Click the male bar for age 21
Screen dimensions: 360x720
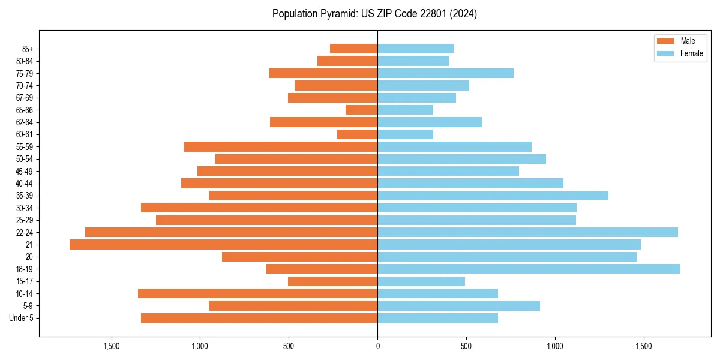point(223,245)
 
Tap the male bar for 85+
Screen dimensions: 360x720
point(353,49)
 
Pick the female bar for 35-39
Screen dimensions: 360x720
point(493,196)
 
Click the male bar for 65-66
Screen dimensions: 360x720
point(361,110)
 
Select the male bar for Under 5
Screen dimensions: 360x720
point(259,318)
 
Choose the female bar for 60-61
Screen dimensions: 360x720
point(405,134)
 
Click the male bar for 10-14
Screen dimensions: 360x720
point(257,293)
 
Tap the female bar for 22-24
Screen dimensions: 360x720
point(527,232)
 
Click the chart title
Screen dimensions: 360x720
point(374,14)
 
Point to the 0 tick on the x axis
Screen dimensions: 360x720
point(377,346)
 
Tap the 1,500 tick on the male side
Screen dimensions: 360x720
point(112,346)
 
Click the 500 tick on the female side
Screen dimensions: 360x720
point(466,346)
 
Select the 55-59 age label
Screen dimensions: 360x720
point(25,147)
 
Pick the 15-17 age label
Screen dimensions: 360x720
point(25,281)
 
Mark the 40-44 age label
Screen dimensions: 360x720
point(25,184)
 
